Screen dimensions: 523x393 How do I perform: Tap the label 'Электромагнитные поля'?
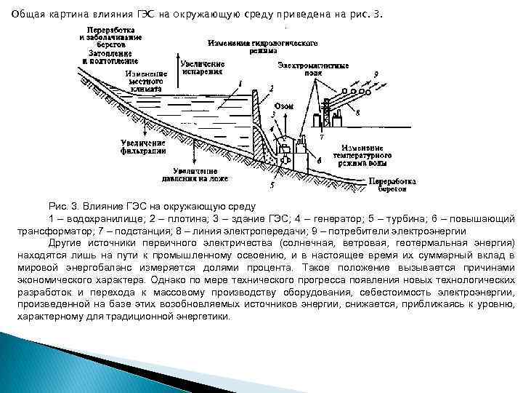point(312,69)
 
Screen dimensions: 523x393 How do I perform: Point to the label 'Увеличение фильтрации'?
point(143,147)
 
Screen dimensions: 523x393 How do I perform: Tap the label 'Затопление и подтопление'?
point(110,57)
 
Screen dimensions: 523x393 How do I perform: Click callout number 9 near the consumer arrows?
point(376,74)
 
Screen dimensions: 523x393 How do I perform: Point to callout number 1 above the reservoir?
point(240,84)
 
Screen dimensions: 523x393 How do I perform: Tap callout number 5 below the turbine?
point(272,186)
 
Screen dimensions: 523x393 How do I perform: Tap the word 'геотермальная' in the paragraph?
point(445,242)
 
